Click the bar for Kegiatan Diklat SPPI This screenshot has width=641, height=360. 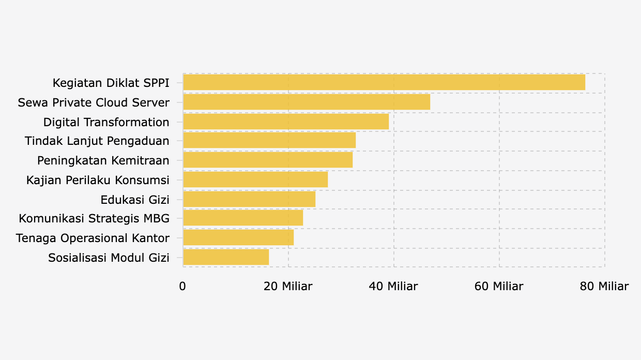point(384,83)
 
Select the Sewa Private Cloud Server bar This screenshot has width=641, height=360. point(307,102)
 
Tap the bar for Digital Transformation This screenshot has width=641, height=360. point(286,122)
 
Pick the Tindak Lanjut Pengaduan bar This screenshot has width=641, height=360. point(269,141)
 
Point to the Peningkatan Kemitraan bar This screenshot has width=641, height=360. point(268,160)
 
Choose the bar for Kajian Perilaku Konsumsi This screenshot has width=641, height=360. point(255,179)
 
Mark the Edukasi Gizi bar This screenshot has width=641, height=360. point(249,199)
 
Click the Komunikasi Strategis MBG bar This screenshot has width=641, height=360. point(243,218)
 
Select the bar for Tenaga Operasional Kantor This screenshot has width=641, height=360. point(238,238)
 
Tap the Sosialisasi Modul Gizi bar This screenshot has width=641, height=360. point(226,257)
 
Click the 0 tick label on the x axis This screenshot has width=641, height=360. point(182,287)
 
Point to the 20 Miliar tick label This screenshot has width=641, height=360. point(288,287)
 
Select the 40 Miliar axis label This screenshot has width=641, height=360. point(393,287)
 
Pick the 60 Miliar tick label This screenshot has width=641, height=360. point(499,287)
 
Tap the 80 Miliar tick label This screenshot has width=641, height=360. point(604,287)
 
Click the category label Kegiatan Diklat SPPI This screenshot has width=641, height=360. point(111,83)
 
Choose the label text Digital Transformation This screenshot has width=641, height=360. point(106,123)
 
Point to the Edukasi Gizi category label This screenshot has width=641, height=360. point(135,200)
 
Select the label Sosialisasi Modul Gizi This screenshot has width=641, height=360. point(109,258)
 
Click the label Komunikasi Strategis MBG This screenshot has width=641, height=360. point(94,219)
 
